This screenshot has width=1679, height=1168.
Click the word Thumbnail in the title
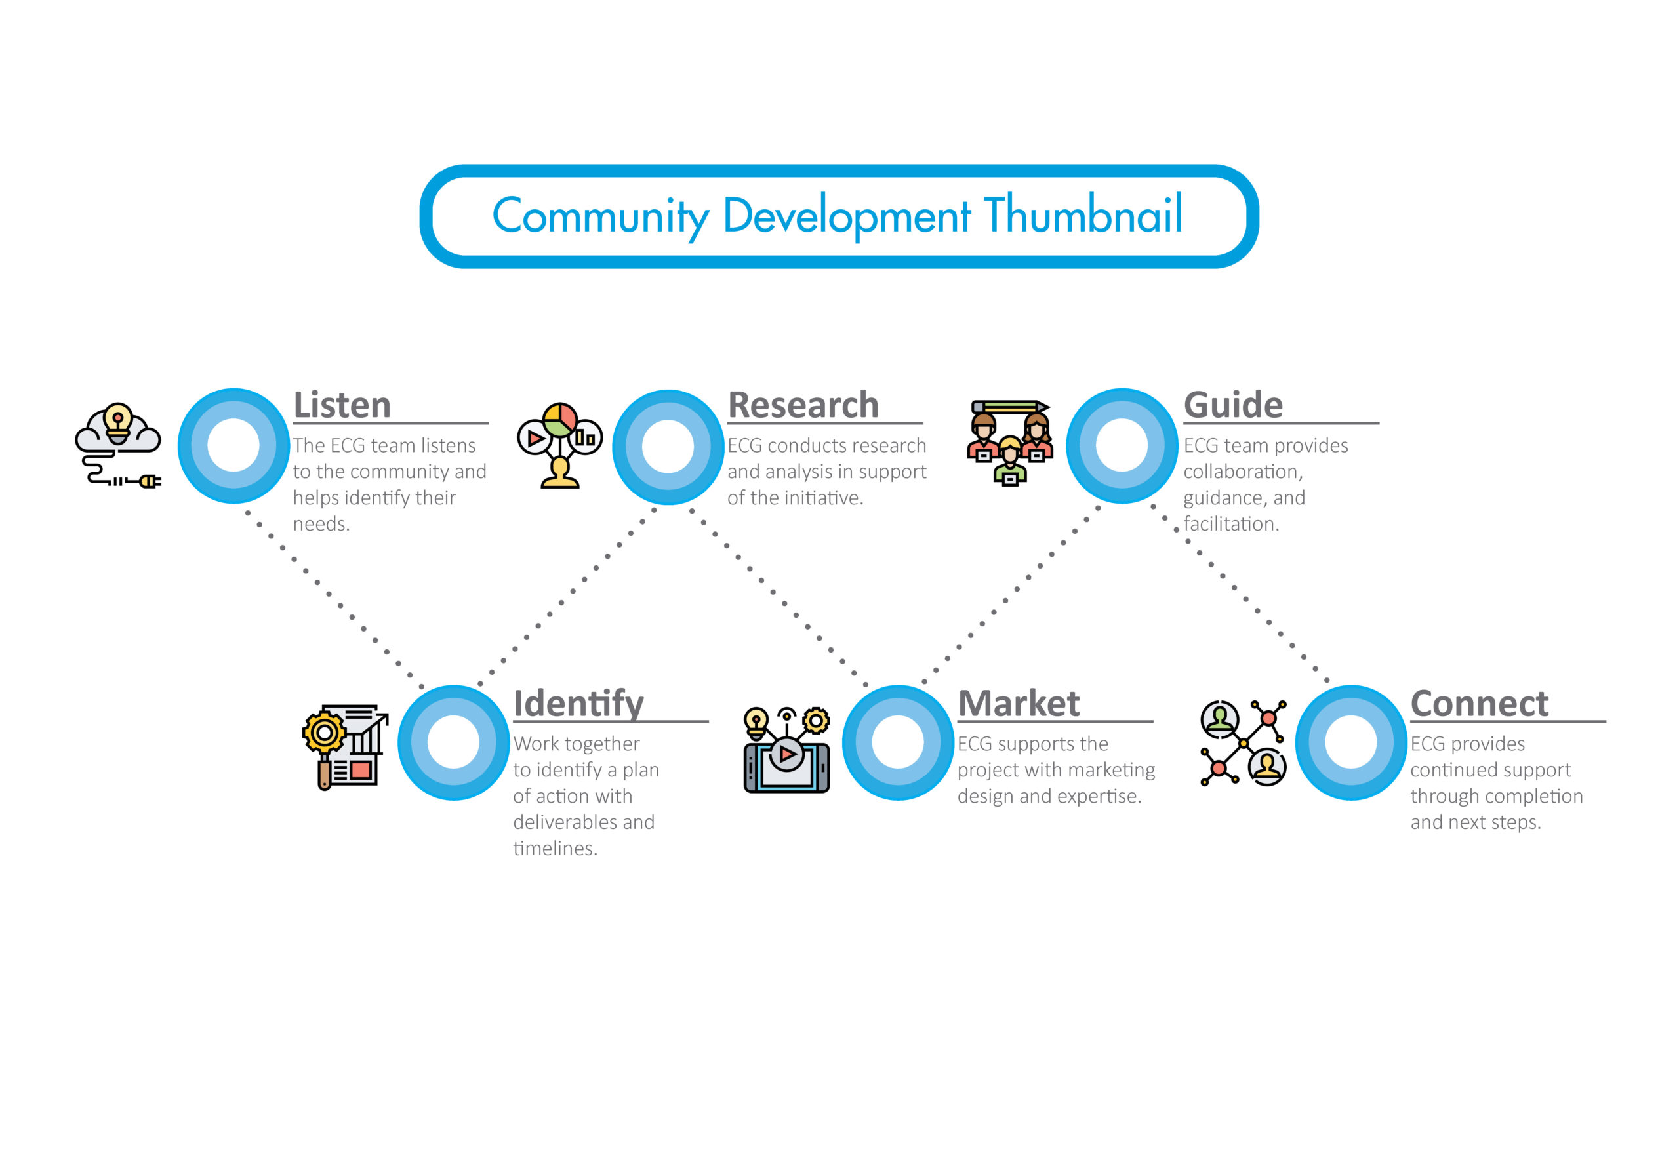click(x=1083, y=214)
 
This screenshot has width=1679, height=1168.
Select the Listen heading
click(x=342, y=405)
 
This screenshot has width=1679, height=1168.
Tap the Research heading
click(x=803, y=405)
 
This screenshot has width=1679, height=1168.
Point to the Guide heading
click(x=1233, y=405)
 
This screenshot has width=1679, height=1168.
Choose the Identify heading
click(x=578, y=704)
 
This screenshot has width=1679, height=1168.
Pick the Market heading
click(x=1019, y=704)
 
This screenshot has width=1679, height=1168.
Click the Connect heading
click(x=1478, y=704)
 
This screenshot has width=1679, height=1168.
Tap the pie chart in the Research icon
click(x=560, y=420)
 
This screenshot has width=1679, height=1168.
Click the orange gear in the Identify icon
click(x=324, y=733)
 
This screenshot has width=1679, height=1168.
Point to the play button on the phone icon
click(x=787, y=754)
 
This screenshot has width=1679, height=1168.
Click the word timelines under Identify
click(x=555, y=849)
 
